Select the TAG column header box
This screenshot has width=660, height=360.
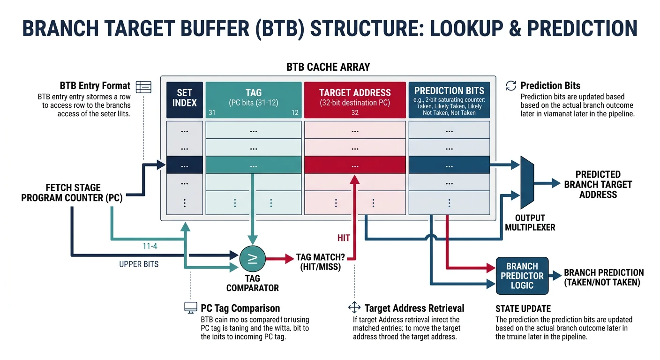[x=253, y=100]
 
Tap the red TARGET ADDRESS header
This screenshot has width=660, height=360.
[x=355, y=100]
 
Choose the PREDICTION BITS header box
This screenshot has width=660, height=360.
[x=449, y=100]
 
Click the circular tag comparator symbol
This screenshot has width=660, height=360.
[x=252, y=258]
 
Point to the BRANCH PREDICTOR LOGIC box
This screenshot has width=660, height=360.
[x=522, y=276]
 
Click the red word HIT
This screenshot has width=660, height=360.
[x=344, y=238]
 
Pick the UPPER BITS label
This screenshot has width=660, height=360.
[x=139, y=264]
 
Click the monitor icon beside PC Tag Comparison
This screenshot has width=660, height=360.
[x=190, y=308]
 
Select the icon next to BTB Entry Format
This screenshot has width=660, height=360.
[x=143, y=86]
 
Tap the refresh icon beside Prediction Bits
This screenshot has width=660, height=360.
[x=510, y=86]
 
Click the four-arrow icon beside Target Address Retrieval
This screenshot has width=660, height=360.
[x=354, y=308]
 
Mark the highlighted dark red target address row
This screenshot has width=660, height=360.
[x=355, y=166]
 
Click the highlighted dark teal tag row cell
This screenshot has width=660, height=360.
[x=253, y=166]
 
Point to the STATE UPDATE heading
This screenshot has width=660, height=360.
[x=523, y=309]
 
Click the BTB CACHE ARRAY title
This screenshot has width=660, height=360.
[x=328, y=67]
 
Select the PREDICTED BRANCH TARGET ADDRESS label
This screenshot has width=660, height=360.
[x=598, y=184]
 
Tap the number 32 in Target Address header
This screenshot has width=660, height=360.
[x=355, y=113]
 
